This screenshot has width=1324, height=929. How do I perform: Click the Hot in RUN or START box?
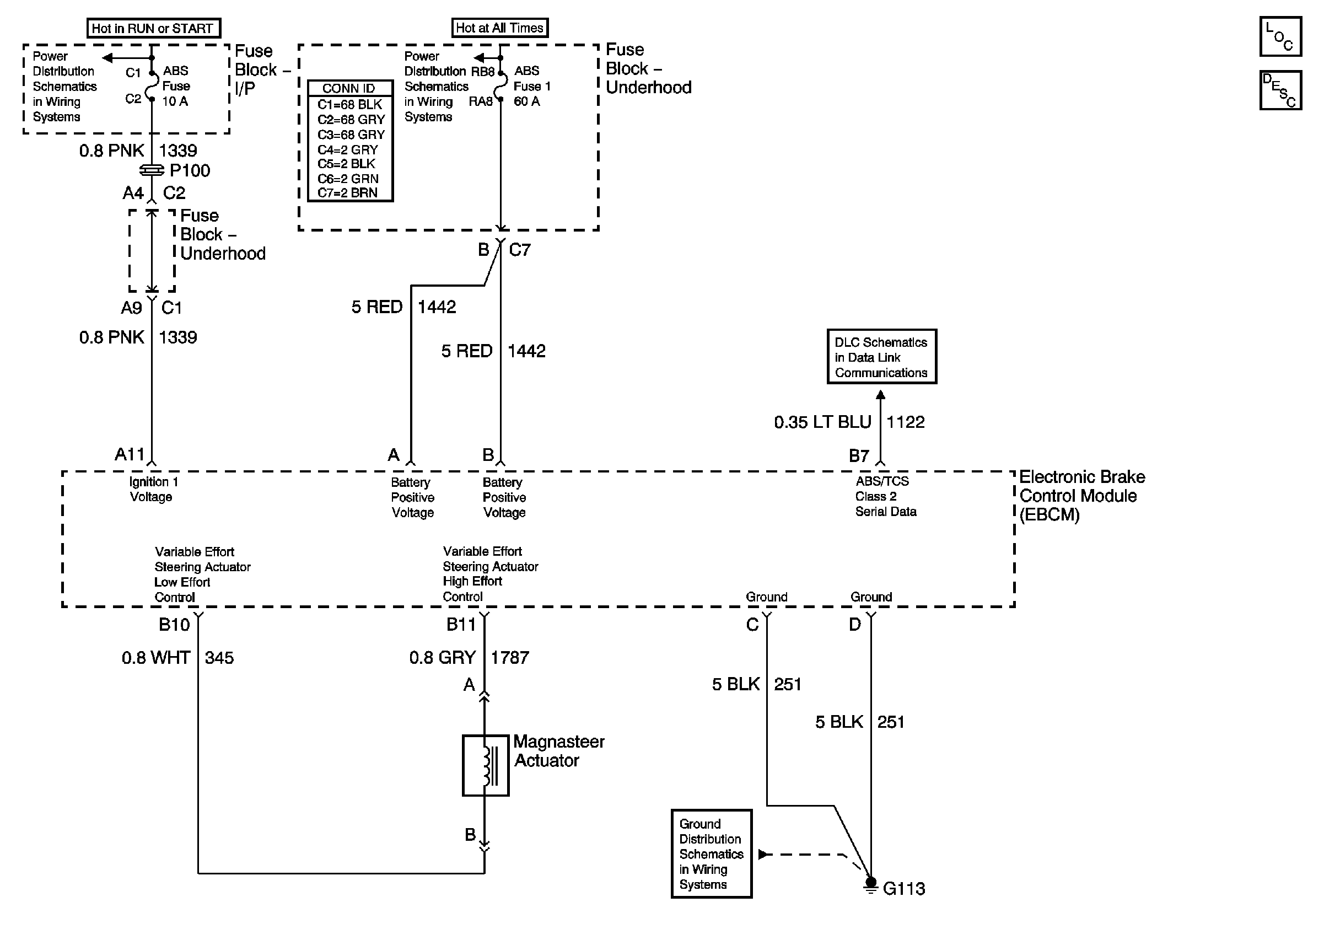[153, 28]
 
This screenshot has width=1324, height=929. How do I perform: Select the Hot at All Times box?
[499, 28]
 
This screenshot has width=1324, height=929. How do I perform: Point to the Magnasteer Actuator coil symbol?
[486, 765]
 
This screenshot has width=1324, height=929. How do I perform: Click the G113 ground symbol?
[871, 885]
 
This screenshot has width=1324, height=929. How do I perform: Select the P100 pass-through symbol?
[152, 170]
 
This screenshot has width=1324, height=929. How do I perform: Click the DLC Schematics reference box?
[882, 356]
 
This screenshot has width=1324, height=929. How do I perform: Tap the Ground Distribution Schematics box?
[712, 853]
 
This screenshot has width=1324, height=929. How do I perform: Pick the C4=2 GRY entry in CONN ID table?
[348, 149]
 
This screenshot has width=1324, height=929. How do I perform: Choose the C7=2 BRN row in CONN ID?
[348, 192]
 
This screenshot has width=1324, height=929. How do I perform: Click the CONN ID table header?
[349, 88]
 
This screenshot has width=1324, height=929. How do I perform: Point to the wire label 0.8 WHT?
[155, 657]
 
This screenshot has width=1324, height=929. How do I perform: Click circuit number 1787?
[510, 657]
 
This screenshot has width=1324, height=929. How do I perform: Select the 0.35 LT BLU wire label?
[822, 422]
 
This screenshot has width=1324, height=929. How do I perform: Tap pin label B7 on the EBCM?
[859, 455]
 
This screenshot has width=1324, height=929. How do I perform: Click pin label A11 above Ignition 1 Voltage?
[130, 454]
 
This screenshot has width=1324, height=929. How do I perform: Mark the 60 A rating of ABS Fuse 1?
[526, 101]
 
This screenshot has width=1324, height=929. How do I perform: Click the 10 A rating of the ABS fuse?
[175, 101]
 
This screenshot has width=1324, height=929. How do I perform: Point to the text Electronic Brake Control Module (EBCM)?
[1082, 495]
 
